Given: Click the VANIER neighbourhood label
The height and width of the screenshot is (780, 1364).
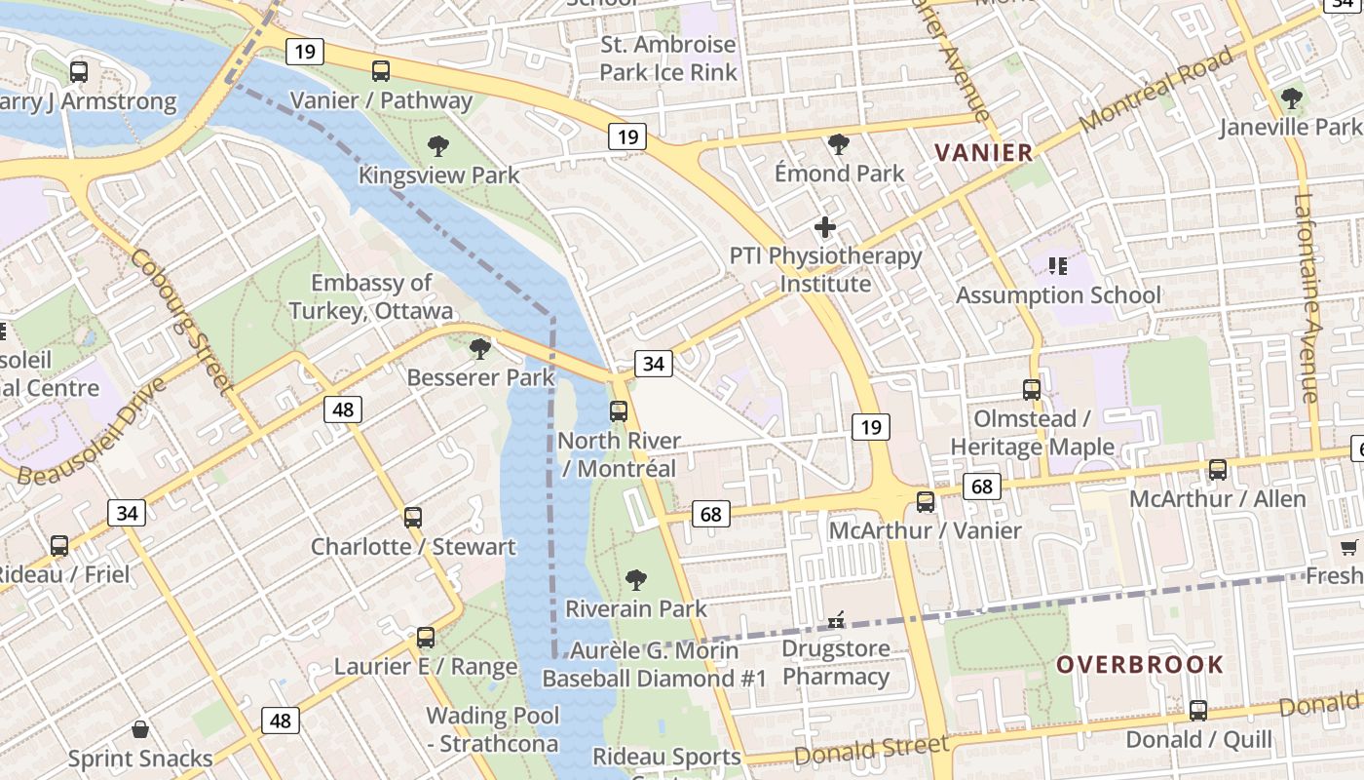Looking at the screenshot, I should [x=983, y=152].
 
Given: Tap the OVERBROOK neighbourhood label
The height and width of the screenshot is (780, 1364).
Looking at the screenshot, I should [x=1140, y=665].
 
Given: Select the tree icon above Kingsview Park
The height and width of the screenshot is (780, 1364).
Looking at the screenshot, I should [x=438, y=147].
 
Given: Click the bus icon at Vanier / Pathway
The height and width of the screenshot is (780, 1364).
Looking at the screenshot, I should [x=381, y=71].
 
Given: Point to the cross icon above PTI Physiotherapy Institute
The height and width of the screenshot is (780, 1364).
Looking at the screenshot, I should [x=825, y=228].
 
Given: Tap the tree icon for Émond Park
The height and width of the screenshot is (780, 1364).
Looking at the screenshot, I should [x=838, y=145].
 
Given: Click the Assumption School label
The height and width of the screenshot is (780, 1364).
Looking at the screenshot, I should [x=1058, y=294].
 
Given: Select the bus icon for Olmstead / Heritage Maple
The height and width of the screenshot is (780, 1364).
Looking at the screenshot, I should [x=1032, y=390].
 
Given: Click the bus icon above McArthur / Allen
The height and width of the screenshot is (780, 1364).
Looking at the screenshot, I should [x=1218, y=470].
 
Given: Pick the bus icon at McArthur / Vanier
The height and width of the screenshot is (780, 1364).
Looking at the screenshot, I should [x=926, y=502].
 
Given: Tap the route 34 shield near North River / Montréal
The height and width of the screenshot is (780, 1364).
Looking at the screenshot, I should [x=653, y=364].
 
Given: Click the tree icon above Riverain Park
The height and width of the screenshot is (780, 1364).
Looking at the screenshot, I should [x=635, y=580].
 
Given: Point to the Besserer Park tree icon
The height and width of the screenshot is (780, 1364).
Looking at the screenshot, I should [x=479, y=349].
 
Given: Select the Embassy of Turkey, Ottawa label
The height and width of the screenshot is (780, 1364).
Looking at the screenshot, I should [x=370, y=296].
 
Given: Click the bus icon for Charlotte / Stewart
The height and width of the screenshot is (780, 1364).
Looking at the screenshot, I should [x=413, y=517].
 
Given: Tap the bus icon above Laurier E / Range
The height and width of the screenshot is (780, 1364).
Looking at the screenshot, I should [x=426, y=638].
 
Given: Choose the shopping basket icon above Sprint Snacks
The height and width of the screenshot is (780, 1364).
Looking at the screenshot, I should [x=140, y=729].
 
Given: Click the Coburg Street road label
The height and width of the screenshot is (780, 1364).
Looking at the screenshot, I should [x=182, y=320].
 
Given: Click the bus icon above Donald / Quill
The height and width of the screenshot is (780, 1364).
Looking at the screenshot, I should [x=1198, y=710].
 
